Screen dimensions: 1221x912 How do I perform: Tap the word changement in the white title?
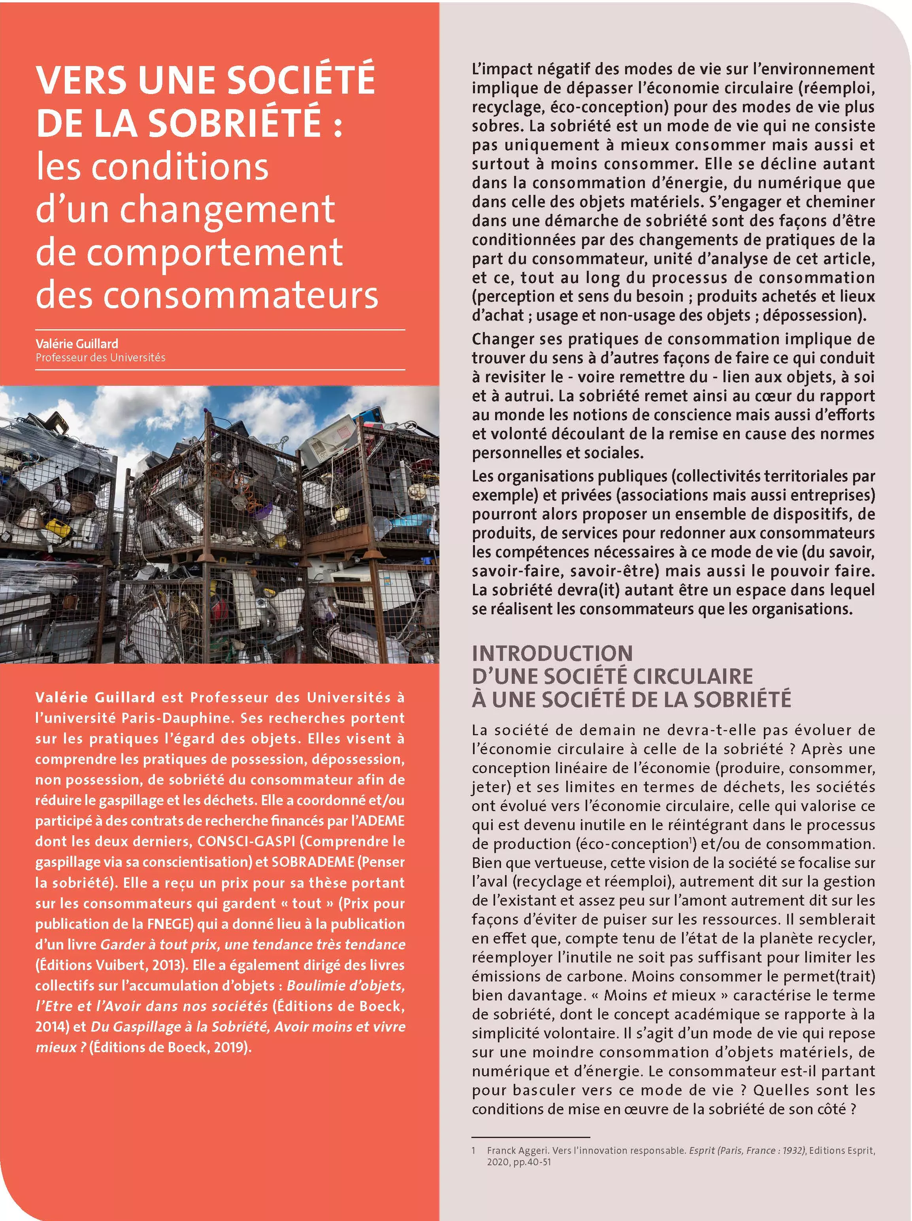click(227, 210)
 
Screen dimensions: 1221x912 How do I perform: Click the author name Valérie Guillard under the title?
click(77, 343)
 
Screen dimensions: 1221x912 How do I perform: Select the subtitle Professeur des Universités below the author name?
click(100, 358)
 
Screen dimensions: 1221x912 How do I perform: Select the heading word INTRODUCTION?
click(552, 653)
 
